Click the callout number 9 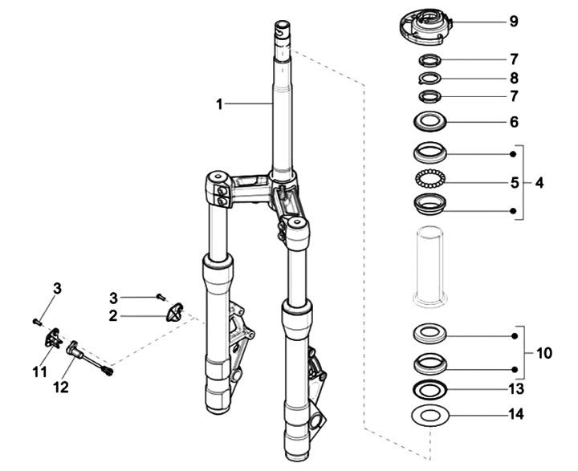tap(514, 22)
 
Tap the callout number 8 tap(514, 78)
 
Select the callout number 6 tap(514, 122)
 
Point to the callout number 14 tap(516, 414)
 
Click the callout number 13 tap(516, 389)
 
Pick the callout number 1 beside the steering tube tap(220, 104)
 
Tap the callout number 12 tap(61, 388)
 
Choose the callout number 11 tap(40, 372)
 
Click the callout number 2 tap(113, 316)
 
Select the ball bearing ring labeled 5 tap(430, 179)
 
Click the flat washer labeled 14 tap(430, 422)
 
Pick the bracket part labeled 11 tap(52, 338)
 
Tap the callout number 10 tap(544, 353)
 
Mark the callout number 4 tap(539, 182)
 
